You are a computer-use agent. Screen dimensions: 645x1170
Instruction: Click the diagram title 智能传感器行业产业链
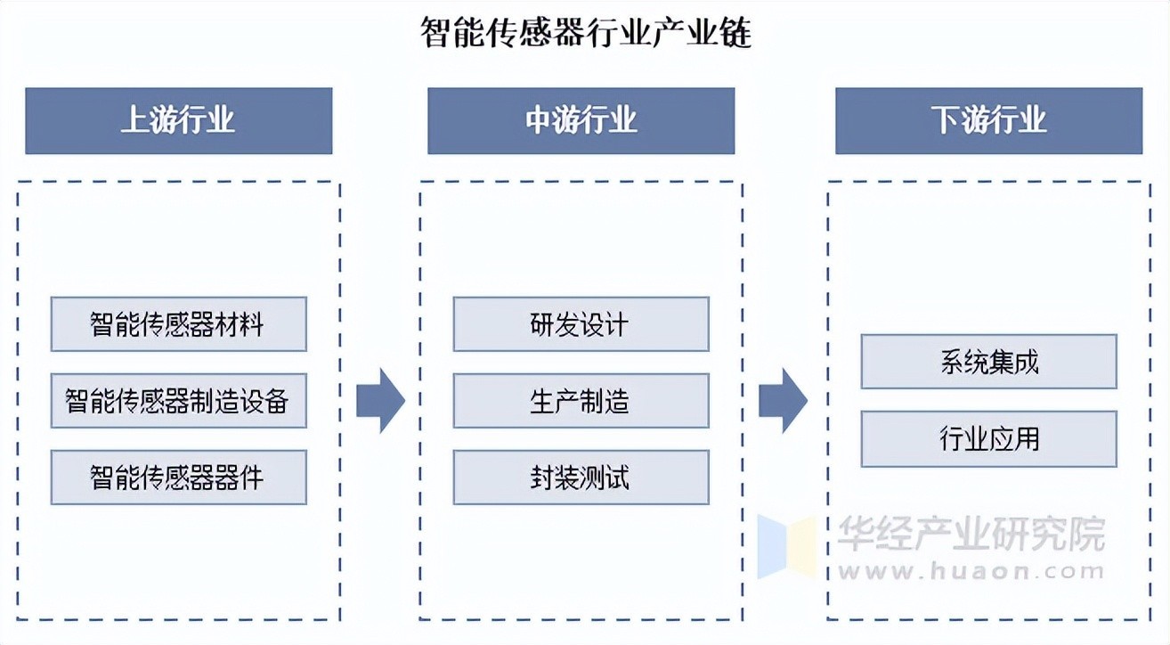tap(586, 34)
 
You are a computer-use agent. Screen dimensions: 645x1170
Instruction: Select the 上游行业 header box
tap(178, 120)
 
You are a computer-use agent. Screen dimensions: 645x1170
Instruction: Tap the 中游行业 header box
tap(581, 120)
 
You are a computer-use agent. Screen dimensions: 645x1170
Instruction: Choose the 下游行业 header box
tap(988, 120)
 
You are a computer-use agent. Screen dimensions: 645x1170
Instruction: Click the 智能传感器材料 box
tap(178, 324)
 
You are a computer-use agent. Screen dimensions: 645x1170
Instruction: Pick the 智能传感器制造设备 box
tap(178, 401)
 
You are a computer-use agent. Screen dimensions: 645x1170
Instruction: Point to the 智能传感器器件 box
tap(178, 478)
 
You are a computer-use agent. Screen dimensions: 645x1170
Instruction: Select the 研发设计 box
tap(581, 324)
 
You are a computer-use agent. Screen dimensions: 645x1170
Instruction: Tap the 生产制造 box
tap(581, 401)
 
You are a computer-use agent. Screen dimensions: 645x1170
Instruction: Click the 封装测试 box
tap(581, 478)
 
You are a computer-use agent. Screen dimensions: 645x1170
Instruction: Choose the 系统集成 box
tap(988, 362)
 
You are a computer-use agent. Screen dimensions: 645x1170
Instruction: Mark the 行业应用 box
tap(988, 438)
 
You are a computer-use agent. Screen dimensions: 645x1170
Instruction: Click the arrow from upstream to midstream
tap(380, 401)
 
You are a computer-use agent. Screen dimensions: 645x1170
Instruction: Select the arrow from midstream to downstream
tap(783, 401)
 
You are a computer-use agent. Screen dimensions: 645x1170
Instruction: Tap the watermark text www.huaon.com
tap(971, 572)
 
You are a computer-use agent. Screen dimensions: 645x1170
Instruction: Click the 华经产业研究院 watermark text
tap(971, 535)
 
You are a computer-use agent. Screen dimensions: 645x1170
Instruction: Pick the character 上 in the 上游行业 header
tap(134, 120)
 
